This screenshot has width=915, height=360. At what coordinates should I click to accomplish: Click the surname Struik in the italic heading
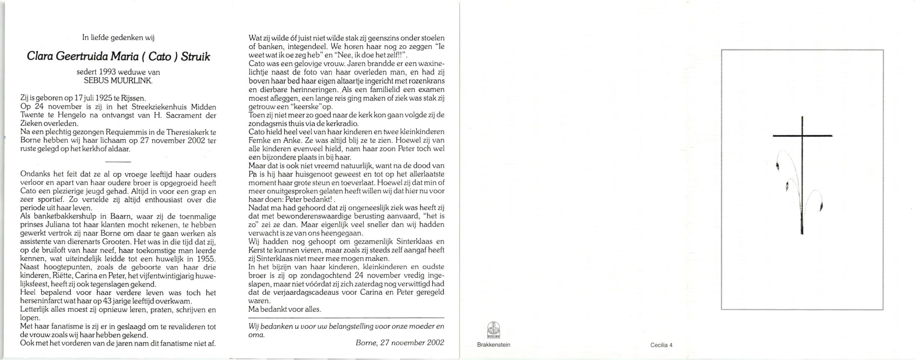(x=195, y=57)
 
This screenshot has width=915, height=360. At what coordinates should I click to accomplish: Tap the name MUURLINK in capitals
(x=132, y=81)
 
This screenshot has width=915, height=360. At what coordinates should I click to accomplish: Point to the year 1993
(x=108, y=72)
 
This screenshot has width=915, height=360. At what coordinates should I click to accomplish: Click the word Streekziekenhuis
(x=160, y=107)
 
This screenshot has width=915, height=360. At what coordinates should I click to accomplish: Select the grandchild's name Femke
(x=259, y=140)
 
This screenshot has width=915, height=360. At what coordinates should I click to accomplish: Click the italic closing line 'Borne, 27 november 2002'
(x=400, y=343)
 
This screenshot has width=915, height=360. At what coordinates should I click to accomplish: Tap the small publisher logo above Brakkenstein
(x=493, y=330)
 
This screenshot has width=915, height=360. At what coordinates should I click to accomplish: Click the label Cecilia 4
(x=661, y=345)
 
